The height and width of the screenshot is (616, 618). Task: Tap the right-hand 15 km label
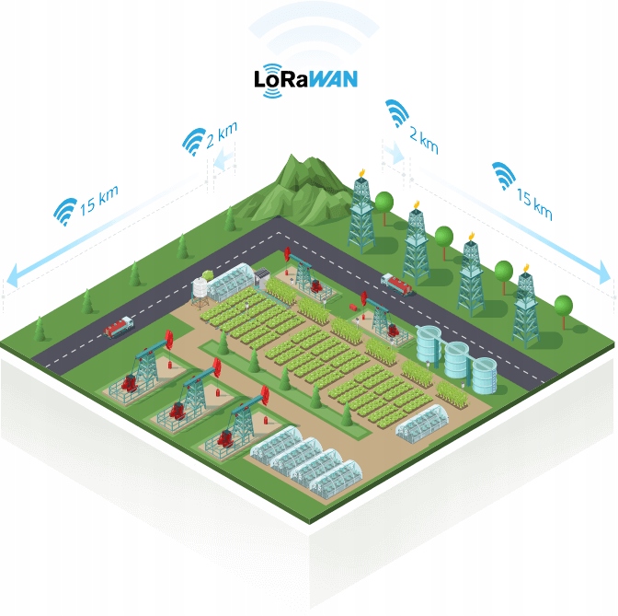click(533, 204)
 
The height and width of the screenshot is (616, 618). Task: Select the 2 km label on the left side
click(222, 136)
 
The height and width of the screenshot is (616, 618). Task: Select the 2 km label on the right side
click(422, 138)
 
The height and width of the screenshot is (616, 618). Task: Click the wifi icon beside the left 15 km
click(64, 212)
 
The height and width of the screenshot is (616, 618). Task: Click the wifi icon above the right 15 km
click(503, 174)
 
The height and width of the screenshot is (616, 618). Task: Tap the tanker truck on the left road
click(120, 326)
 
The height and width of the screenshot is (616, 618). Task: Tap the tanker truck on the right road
click(396, 284)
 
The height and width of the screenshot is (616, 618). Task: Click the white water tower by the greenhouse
click(200, 289)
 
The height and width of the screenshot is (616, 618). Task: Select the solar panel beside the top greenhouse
click(262, 273)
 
